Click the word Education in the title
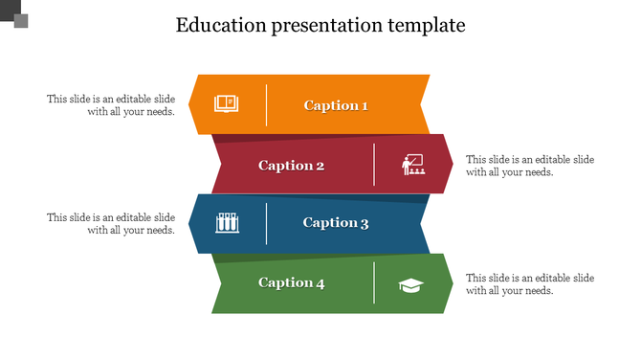[x=219, y=25]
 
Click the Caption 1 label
[x=336, y=105]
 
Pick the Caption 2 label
[x=292, y=165]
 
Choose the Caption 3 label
[x=336, y=223]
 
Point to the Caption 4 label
[x=292, y=282]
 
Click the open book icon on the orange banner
[x=226, y=102]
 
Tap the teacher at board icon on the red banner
[x=413, y=166]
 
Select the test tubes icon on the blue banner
[x=227, y=223]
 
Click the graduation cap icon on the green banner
[x=411, y=284]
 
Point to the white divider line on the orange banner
[x=266, y=105]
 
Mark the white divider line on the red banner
[x=374, y=165]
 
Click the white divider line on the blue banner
[x=266, y=223]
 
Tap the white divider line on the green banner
[x=374, y=283]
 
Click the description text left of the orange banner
[x=111, y=105]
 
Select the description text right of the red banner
[x=530, y=166]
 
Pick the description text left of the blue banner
[x=111, y=223]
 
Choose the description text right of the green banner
[x=530, y=283]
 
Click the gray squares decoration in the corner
[x=14, y=14]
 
